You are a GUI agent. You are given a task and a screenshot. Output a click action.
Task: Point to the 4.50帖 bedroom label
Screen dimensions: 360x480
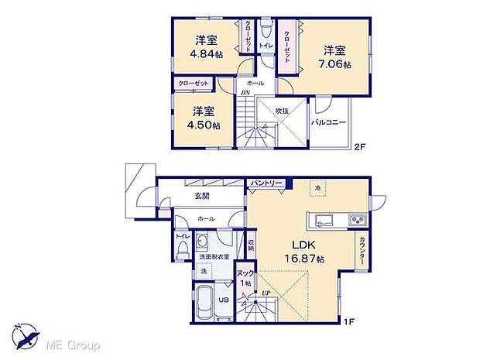click(204, 117)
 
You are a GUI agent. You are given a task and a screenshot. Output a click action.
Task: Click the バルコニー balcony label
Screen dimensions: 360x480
click(329, 122)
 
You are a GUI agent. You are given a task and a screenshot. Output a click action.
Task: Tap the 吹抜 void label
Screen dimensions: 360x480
click(281, 111)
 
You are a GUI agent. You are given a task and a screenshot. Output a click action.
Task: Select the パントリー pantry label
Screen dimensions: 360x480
click(266, 183)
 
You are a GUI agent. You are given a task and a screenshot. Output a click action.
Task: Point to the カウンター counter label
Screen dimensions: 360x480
click(362, 252)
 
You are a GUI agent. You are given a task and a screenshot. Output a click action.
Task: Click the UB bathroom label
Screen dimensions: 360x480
click(220, 300)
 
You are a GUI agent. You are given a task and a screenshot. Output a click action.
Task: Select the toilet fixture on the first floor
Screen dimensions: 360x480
click(183, 249)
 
